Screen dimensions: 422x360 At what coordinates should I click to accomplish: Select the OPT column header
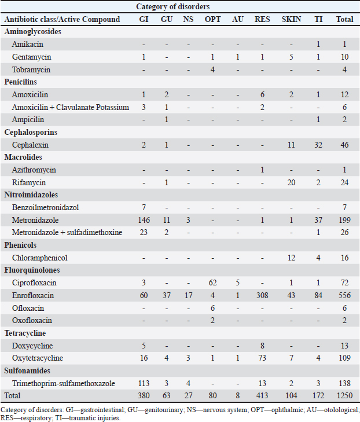212,19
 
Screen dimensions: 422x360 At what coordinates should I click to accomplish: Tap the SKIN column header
291,19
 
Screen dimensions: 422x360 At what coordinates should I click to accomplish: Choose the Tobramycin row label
31,69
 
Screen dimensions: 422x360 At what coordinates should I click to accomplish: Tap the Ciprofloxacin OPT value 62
212,283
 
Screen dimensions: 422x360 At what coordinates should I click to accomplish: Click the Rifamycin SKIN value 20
291,183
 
